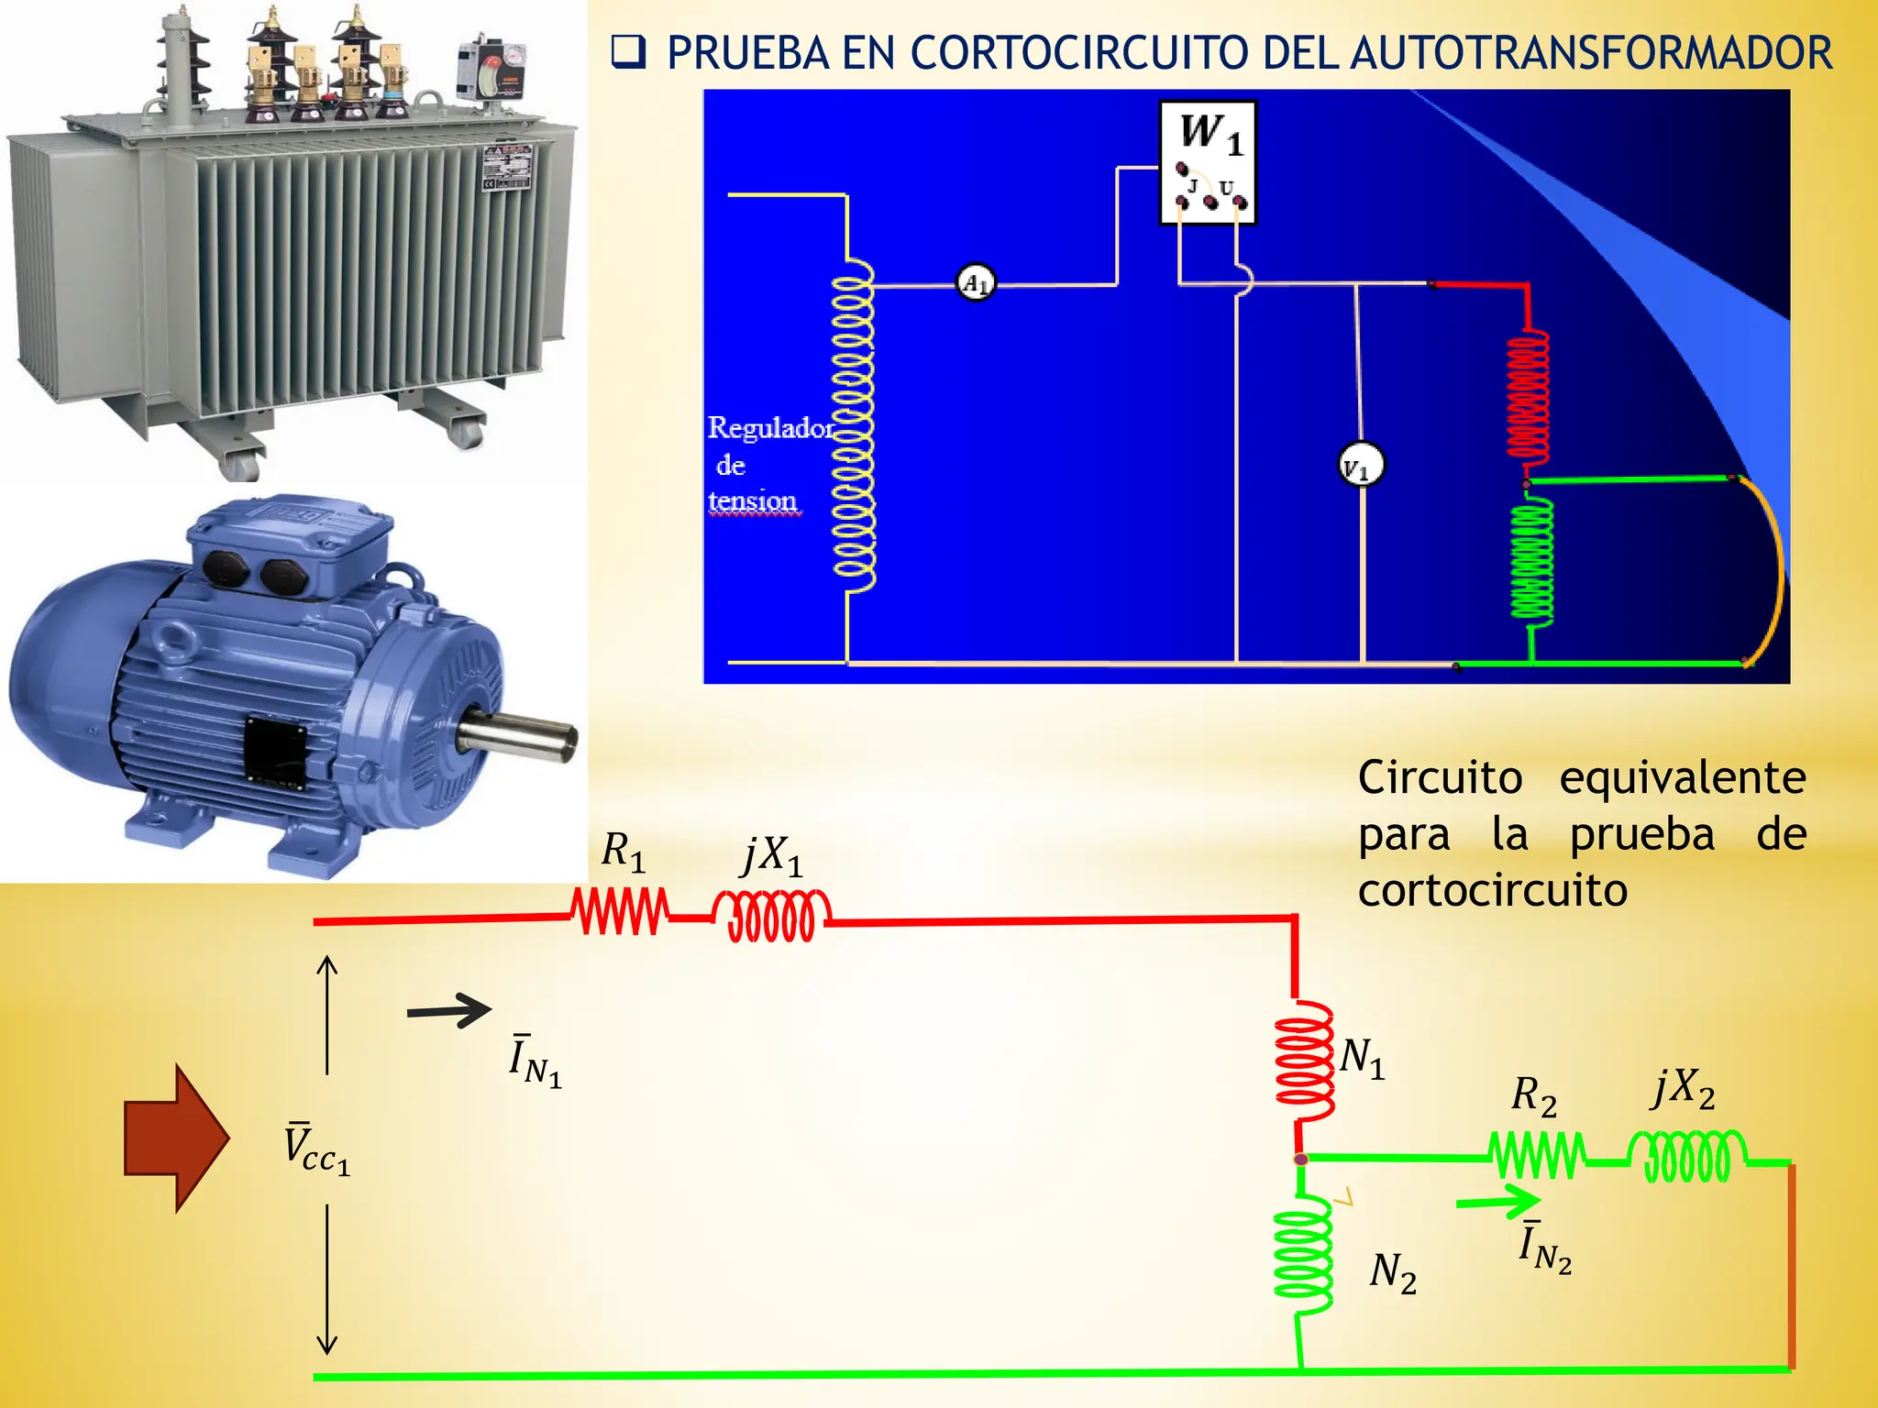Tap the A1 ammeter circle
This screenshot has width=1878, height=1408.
[x=976, y=282]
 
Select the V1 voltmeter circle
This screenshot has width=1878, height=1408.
[x=1361, y=465]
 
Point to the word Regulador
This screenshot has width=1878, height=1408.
[x=770, y=428]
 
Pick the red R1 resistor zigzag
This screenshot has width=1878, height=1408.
[x=620, y=912]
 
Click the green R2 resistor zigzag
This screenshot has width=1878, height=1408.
[x=1538, y=1157]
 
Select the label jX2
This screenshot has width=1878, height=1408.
[x=1684, y=1089]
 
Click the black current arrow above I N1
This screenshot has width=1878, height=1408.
[x=449, y=1011]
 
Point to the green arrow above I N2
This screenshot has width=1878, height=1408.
[x=1497, y=1201]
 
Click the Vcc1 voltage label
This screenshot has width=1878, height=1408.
[x=315, y=1148]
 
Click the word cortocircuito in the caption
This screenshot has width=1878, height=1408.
[x=1492, y=891]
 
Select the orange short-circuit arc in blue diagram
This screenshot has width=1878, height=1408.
[x=1777, y=568]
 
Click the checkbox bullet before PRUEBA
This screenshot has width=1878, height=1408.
[x=628, y=53]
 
